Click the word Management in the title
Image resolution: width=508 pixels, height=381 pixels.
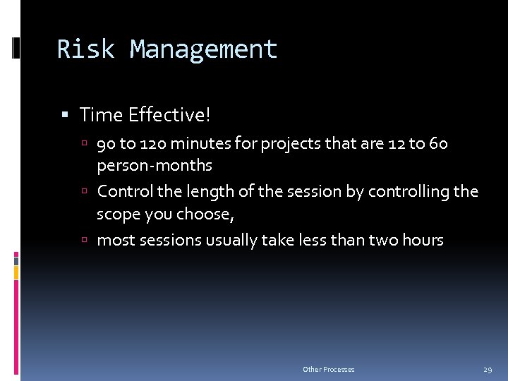tap(204, 49)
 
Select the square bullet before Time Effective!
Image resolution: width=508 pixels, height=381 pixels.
tap(64, 114)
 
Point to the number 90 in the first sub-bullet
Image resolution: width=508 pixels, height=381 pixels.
tap(107, 144)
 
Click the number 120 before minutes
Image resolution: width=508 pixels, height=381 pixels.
tap(153, 144)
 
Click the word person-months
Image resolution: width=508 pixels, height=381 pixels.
tap(155, 165)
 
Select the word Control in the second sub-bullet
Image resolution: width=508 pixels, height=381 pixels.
tap(121, 192)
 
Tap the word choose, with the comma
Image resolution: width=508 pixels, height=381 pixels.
tap(206, 214)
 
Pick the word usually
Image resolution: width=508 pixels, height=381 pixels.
tap(231, 241)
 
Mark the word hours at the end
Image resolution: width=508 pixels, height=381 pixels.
tap(423, 241)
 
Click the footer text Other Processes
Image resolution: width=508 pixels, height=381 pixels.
tap(328, 370)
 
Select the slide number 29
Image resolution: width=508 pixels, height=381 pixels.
tap(488, 370)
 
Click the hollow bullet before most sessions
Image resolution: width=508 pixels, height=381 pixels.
tap(85, 241)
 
